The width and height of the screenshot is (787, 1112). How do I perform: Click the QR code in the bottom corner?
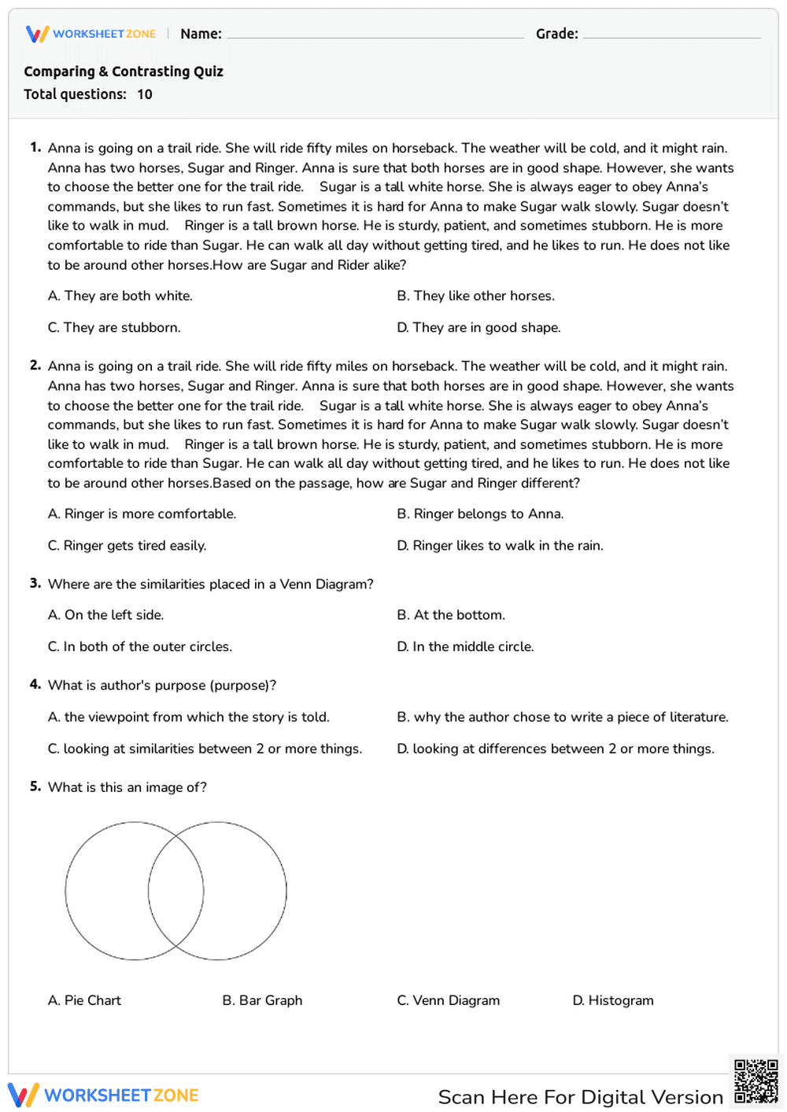click(x=756, y=1081)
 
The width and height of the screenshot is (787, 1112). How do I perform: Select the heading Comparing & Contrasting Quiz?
click(x=124, y=72)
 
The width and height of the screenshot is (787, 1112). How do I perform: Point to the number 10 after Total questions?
click(x=145, y=94)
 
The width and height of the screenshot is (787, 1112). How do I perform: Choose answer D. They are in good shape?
click(x=478, y=327)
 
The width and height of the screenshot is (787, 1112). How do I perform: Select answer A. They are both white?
click(x=120, y=296)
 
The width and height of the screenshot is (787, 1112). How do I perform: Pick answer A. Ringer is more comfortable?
click(x=142, y=514)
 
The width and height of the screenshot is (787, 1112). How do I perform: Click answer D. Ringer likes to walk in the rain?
click(x=500, y=545)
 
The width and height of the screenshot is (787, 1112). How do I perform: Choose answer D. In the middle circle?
click(x=465, y=646)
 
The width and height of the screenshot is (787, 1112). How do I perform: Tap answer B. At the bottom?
click(x=451, y=615)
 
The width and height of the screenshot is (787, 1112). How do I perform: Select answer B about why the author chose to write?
click(x=562, y=716)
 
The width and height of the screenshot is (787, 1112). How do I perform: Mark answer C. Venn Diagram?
click(x=448, y=1000)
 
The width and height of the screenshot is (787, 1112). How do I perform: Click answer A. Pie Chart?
click(x=84, y=1000)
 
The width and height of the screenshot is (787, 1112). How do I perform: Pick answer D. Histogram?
click(x=612, y=1000)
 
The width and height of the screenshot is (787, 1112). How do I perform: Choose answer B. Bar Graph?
click(x=262, y=1000)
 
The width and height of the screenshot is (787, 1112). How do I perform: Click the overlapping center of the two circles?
click(x=176, y=891)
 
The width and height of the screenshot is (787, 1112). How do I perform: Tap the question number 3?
click(x=35, y=583)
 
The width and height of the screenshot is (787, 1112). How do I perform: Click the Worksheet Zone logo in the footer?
click(x=103, y=1095)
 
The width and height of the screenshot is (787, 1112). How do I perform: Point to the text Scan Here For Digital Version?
click(x=580, y=1097)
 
